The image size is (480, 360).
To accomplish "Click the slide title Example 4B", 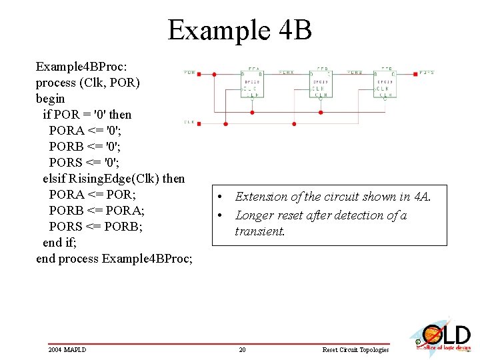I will (x=239, y=30).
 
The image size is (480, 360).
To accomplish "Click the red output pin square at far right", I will (x=415, y=73).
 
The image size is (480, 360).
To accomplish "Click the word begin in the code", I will (x=51, y=99).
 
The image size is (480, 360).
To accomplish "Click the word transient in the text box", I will (x=259, y=231).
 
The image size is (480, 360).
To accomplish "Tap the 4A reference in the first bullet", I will (x=422, y=197).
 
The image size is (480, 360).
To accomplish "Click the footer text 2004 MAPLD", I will (x=67, y=350).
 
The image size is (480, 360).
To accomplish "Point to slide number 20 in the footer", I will (x=242, y=350).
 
